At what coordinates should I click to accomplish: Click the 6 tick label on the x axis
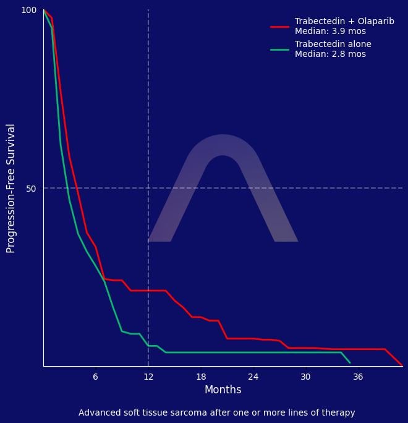tap(95, 377)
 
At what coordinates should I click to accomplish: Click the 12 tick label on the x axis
tap(148, 377)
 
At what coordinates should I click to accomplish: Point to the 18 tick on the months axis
tap(201, 377)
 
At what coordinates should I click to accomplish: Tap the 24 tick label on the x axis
tap(253, 377)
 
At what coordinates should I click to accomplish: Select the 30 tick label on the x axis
tap(305, 377)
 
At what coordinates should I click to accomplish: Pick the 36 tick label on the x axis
tap(358, 377)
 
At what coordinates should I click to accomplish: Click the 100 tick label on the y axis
tap(29, 11)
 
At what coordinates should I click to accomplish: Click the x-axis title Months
tap(223, 390)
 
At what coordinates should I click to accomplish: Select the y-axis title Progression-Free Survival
tap(11, 188)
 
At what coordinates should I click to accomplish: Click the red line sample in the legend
tap(280, 27)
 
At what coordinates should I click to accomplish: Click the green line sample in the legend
tap(280, 49)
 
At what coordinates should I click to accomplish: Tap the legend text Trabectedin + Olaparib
tap(344, 21)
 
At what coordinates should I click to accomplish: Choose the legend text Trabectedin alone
tap(333, 44)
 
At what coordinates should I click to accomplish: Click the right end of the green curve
tap(350, 362)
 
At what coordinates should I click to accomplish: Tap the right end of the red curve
tap(402, 365)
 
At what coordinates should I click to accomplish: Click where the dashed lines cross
tap(148, 188)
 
